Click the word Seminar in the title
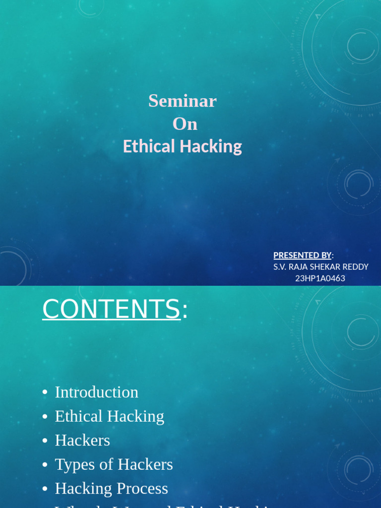[x=182, y=101]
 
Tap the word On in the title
[x=185, y=124]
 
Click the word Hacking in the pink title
[x=211, y=147]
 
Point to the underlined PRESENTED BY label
[x=302, y=255]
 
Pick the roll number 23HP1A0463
[x=320, y=278]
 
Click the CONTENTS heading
[x=111, y=309]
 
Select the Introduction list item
[x=97, y=392]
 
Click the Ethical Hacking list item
[x=109, y=416]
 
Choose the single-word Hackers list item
[x=82, y=440]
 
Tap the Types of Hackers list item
[x=114, y=464]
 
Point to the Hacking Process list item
[x=111, y=489]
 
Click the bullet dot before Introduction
[x=45, y=392]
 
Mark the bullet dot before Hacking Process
[x=45, y=489]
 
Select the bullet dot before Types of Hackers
[x=45, y=465]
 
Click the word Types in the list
[x=72, y=464]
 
